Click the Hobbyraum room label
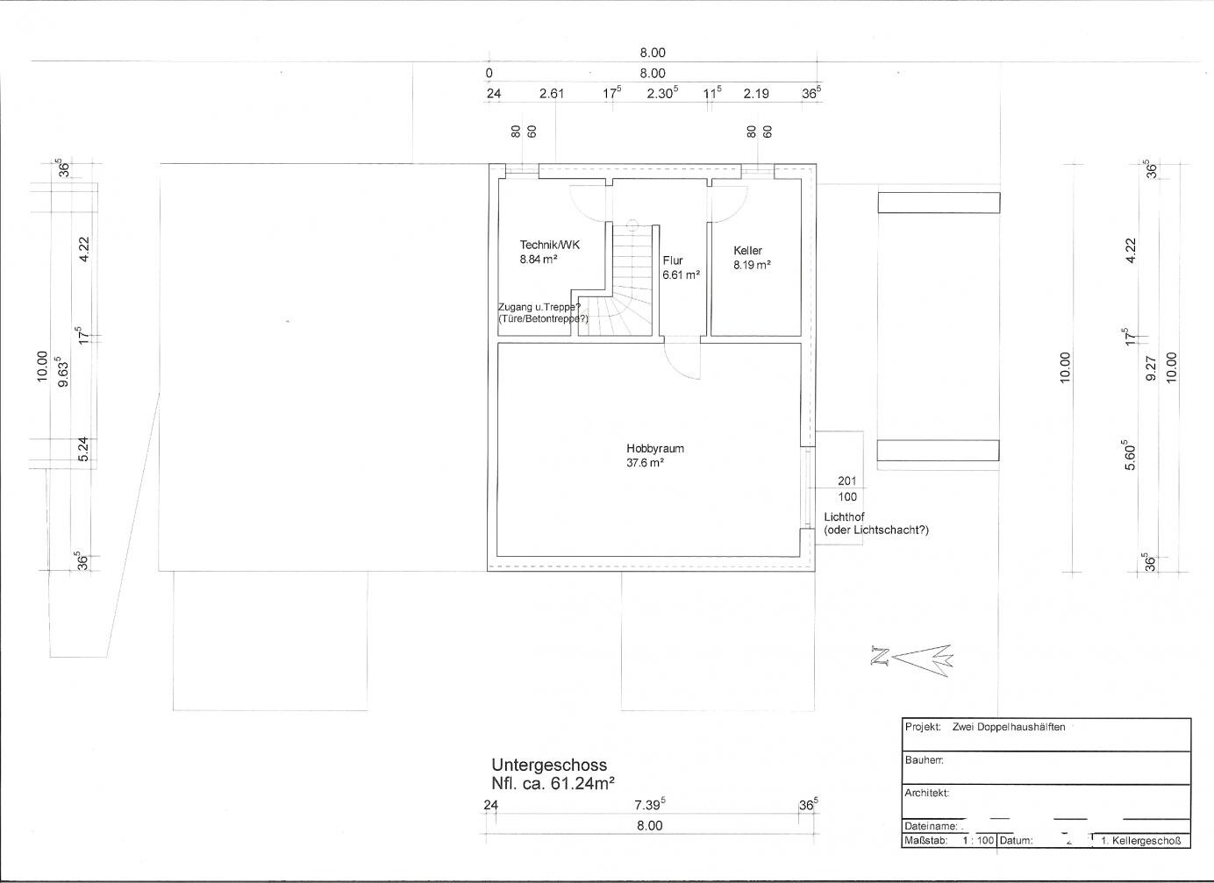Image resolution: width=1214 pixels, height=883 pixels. click(x=654, y=449)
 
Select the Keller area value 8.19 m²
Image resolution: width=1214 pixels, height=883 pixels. click(x=753, y=265)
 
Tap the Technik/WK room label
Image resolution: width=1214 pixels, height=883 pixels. click(x=550, y=245)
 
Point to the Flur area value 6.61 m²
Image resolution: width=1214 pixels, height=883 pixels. click(x=682, y=274)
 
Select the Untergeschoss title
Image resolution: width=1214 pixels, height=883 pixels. click(x=549, y=765)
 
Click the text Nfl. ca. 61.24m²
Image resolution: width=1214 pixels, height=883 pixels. click(x=553, y=783)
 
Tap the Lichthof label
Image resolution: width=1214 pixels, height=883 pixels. click(x=844, y=516)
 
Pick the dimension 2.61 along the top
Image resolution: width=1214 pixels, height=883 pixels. click(x=552, y=93)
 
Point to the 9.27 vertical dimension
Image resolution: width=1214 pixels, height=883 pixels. click(x=1153, y=367)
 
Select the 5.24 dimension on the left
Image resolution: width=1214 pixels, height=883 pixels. click(x=83, y=449)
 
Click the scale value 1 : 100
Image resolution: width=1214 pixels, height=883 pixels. click(x=978, y=840)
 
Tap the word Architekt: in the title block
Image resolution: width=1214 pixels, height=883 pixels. click(x=927, y=793)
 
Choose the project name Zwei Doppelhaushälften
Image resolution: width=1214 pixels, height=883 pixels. click(x=1009, y=727)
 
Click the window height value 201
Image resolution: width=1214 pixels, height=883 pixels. click(x=847, y=481)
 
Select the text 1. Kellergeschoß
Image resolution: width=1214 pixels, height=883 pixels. click(x=1141, y=841)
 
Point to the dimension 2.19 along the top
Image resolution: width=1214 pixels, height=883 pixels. click(x=756, y=93)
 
